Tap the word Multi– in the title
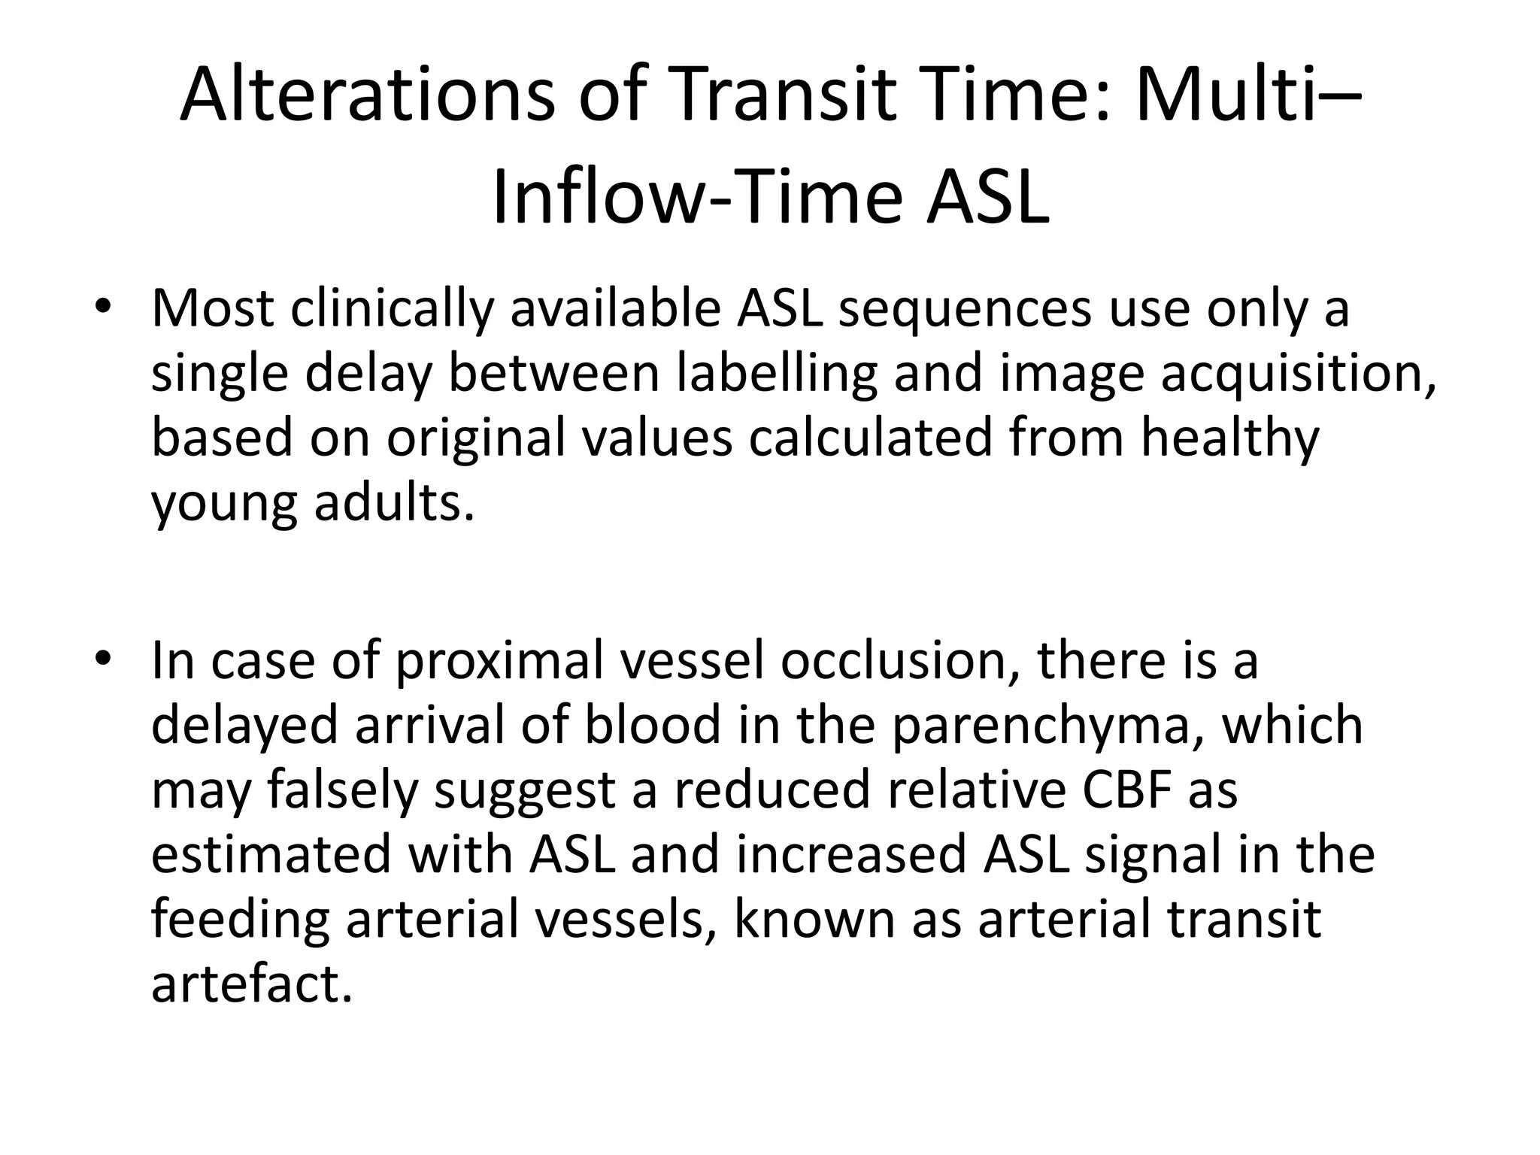[1248, 95]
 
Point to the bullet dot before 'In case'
[103, 659]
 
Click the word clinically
[391, 309]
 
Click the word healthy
[1229, 439]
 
